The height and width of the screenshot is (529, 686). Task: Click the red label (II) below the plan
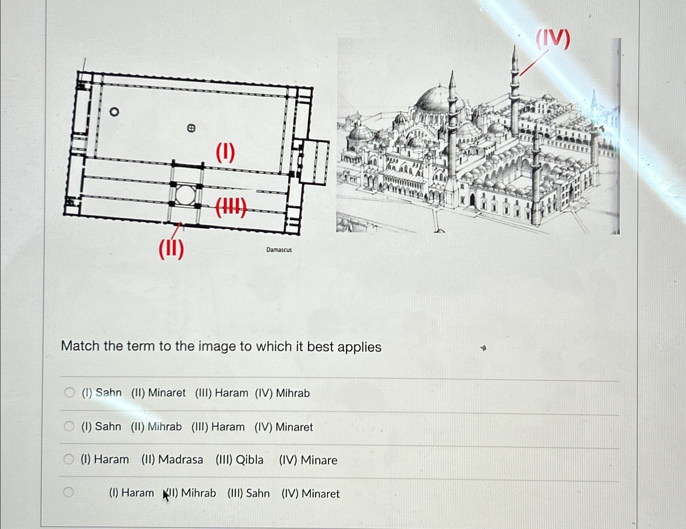click(x=171, y=249)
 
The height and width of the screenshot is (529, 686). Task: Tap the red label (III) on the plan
click(x=231, y=208)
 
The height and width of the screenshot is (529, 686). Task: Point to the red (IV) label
click(x=553, y=39)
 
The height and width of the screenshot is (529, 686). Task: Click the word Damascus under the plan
click(x=279, y=250)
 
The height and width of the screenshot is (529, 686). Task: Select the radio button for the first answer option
click(x=69, y=392)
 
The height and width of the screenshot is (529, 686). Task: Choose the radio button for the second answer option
click(x=69, y=426)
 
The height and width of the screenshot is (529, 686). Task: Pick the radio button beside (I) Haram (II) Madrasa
click(x=69, y=459)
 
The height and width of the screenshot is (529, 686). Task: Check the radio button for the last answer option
click(x=69, y=492)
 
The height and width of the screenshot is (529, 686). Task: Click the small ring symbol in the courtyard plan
click(x=114, y=112)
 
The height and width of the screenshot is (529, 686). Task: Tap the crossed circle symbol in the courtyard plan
click(x=191, y=128)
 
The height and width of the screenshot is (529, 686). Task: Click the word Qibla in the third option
click(x=250, y=460)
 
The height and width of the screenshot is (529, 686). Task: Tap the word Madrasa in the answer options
click(x=180, y=460)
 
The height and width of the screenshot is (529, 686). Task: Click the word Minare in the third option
click(x=319, y=460)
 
